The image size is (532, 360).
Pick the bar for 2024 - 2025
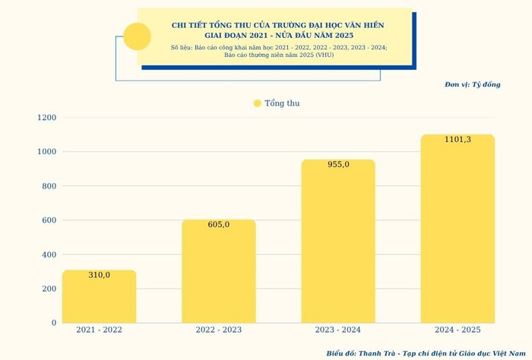pos(458,229)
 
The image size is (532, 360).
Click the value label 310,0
pos(99,275)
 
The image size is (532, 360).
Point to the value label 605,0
pos(218,224)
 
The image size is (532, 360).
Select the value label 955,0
pos(338,164)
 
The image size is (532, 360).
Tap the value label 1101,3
pos(458,139)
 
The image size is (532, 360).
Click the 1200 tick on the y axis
pos(46,118)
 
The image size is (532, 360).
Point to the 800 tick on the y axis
pos(49,186)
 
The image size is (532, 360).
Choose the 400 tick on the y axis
pos(49,254)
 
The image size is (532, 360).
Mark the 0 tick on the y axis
pos(54,323)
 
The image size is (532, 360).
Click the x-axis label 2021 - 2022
pos(99,330)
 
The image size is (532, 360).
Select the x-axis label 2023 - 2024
pos(338,330)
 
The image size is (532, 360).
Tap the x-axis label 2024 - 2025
pos(458,330)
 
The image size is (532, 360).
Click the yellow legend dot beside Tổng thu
pos(257,103)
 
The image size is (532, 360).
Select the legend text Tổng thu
pos(282,103)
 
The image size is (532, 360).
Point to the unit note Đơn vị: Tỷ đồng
pos(472,84)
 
